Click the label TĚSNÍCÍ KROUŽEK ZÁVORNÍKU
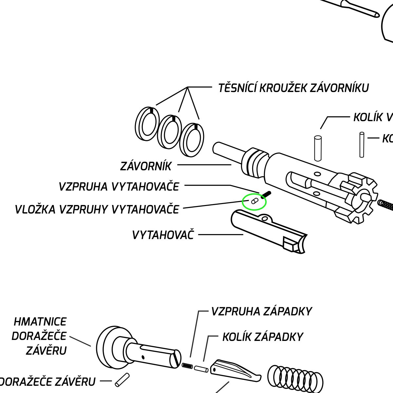point(293,88)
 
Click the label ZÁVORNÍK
point(146,166)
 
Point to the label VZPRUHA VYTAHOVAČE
point(119,187)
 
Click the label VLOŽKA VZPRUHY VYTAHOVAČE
point(97,209)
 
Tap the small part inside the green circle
point(254,201)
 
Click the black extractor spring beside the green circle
point(266,195)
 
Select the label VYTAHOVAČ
point(163,235)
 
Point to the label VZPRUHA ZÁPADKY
point(261,311)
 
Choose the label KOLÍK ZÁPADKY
point(263,337)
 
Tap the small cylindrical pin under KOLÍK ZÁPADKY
point(201,369)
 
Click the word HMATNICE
point(40,322)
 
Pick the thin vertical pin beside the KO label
point(362,144)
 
